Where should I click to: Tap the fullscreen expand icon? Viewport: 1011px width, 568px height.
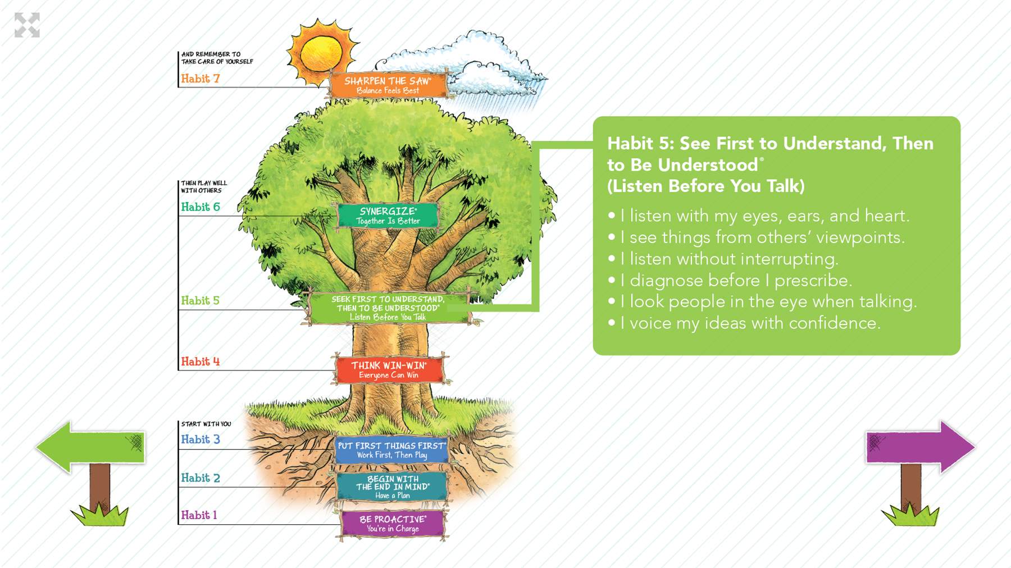tap(27, 25)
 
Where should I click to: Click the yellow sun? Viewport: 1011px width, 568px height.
tap(321, 53)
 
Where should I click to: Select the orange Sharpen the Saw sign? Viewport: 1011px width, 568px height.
tap(388, 85)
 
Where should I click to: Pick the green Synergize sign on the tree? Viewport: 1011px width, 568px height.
tap(388, 216)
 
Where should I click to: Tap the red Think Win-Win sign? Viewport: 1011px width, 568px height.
tap(389, 370)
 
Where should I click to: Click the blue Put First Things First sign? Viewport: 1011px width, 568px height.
tap(392, 450)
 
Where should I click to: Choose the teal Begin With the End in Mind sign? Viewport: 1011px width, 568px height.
tap(393, 487)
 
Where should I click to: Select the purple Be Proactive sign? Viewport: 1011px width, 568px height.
tap(393, 524)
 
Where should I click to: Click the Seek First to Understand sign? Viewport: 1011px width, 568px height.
tap(388, 308)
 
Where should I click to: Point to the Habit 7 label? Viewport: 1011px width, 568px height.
tap(201, 79)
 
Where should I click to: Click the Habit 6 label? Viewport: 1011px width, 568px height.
tap(201, 207)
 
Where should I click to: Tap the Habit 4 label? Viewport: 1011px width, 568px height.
tap(201, 361)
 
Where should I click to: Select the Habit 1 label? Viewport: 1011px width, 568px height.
tap(199, 515)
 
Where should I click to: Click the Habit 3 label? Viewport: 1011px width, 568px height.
tap(201, 439)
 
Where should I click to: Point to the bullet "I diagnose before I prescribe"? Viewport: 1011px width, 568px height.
tap(730, 280)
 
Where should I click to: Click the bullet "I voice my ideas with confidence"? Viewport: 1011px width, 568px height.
tap(744, 323)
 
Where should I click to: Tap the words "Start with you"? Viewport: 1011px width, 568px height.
tap(206, 424)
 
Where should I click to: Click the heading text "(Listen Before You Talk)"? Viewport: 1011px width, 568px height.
tap(706, 186)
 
